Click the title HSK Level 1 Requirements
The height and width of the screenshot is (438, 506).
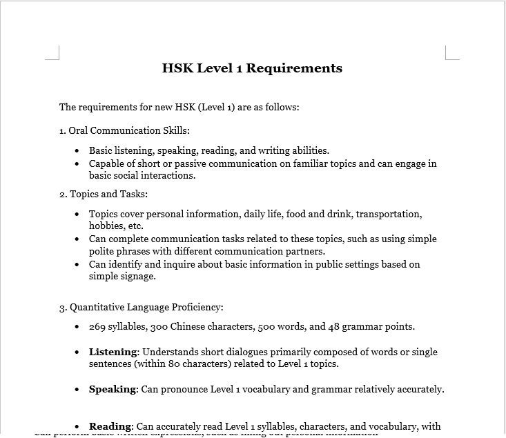click(252, 68)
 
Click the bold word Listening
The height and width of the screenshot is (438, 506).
click(113, 352)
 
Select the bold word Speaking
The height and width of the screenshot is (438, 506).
click(113, 389)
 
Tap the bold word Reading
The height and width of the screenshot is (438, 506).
click(110, 426)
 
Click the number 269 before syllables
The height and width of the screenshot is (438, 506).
click(97, 326)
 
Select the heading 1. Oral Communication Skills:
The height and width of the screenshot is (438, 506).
click(124, 130)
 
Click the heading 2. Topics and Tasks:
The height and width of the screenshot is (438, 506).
click(104, 194)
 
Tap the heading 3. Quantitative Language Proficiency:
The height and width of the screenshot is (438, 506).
click(142, 307)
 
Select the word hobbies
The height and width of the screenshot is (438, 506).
click(106, 226)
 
